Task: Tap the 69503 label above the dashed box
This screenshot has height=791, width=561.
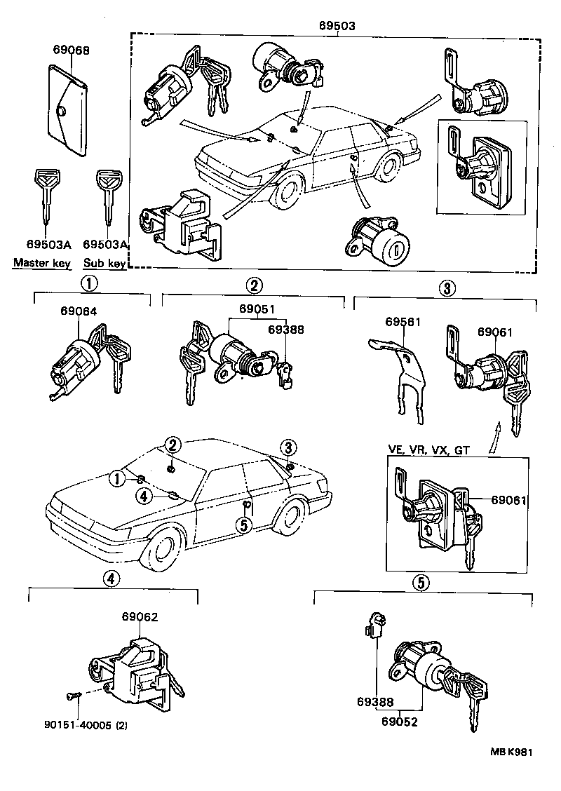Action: point(337,25)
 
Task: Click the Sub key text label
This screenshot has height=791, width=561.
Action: point(104,264)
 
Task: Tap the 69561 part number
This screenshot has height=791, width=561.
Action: point(403,322)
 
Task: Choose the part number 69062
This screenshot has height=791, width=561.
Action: point(140,617)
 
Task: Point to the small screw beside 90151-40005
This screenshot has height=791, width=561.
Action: point(73,696)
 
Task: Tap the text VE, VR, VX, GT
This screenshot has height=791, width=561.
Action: point(428,449)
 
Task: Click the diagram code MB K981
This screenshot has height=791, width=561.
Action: point(511,752)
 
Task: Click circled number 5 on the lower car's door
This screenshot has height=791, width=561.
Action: point(243,525)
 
